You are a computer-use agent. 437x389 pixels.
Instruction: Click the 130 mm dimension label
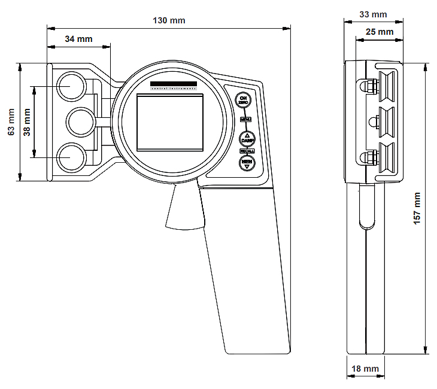(x=169, y=20)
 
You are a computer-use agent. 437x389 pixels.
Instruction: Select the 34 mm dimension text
(x=78, y=39)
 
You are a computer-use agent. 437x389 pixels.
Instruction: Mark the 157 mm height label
(x=417, y=208)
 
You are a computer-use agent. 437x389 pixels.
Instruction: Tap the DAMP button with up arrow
(x=247, y=138)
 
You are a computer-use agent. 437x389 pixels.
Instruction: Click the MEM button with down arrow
(x=247, y=163)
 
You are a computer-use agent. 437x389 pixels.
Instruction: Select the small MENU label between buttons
(x=245, y=119)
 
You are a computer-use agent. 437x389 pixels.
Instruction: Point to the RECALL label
(x=247, y=151)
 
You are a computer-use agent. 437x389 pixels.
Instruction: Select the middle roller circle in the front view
(x=80, y=122)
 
